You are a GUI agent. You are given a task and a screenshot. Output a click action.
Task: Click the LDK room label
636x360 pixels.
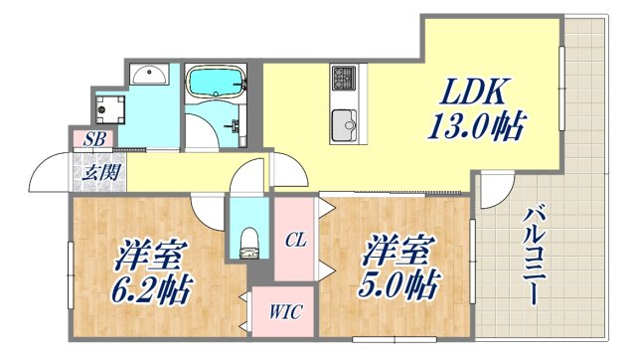tap(476, 93)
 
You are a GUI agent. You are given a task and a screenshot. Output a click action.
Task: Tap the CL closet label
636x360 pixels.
tap(295, 240)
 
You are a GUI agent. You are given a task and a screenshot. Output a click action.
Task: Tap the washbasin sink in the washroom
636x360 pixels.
tap(150, 74)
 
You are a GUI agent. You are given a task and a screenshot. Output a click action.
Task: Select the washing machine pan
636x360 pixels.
tap(109, 107)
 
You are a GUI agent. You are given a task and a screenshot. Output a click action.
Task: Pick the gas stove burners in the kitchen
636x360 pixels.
tap(344, 77)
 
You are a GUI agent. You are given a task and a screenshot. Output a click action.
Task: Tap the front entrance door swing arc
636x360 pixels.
tap(48, 175)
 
